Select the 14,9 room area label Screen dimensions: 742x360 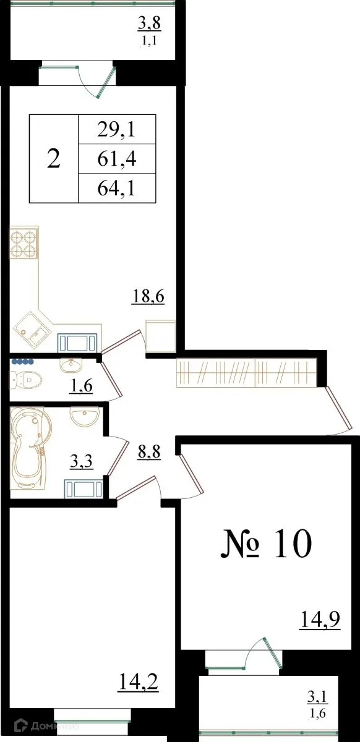coord(320,618)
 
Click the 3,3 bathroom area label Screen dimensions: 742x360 coord(81,461)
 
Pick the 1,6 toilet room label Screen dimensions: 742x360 coord(81,386)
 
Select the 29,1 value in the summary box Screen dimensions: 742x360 coord(116,130)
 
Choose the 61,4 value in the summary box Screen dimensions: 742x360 coord(116,160)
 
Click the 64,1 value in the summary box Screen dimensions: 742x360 coord(116,189)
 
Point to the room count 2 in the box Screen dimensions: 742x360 coord(54,160)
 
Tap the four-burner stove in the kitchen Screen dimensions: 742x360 coord(24,244)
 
